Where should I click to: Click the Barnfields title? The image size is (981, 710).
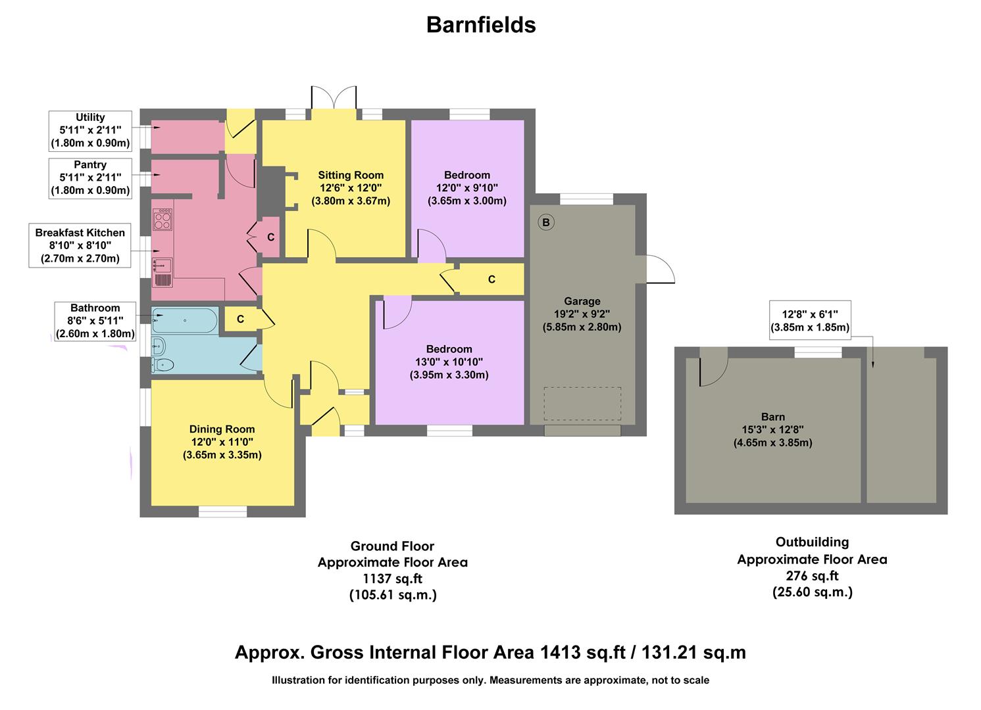(x=481, y=25)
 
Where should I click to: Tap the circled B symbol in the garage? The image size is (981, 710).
(x=545, y=222)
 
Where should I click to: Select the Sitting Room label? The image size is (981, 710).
(x=351, y=176)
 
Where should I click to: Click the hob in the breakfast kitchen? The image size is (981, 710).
(x=162, y=220)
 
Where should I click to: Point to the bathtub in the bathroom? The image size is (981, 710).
(x=184, y=321)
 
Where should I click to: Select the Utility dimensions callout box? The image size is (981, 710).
(x=90, y=130)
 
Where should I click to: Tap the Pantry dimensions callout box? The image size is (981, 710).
(x=90, y=178)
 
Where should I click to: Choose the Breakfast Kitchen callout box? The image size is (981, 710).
(x=80, y=245)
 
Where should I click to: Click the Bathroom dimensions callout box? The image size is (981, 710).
(x=95, y=321)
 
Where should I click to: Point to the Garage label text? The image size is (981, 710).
(x=582, y=301)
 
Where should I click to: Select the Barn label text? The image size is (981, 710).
(x=772, y=417)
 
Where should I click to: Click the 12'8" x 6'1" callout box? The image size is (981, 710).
(x=809, y=321)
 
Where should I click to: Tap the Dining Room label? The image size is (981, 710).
(x=222, y=429)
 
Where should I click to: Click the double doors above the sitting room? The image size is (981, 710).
(x=334, y=99)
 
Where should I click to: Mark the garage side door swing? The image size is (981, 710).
(x=660, y=270)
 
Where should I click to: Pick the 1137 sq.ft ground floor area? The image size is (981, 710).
(x=392, y=579)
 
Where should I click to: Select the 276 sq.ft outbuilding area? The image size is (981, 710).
(x=812, y=575)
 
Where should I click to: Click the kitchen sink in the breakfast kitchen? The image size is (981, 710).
(x=162, y=266)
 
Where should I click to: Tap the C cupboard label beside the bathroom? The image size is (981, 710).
(x=240, y=319)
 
